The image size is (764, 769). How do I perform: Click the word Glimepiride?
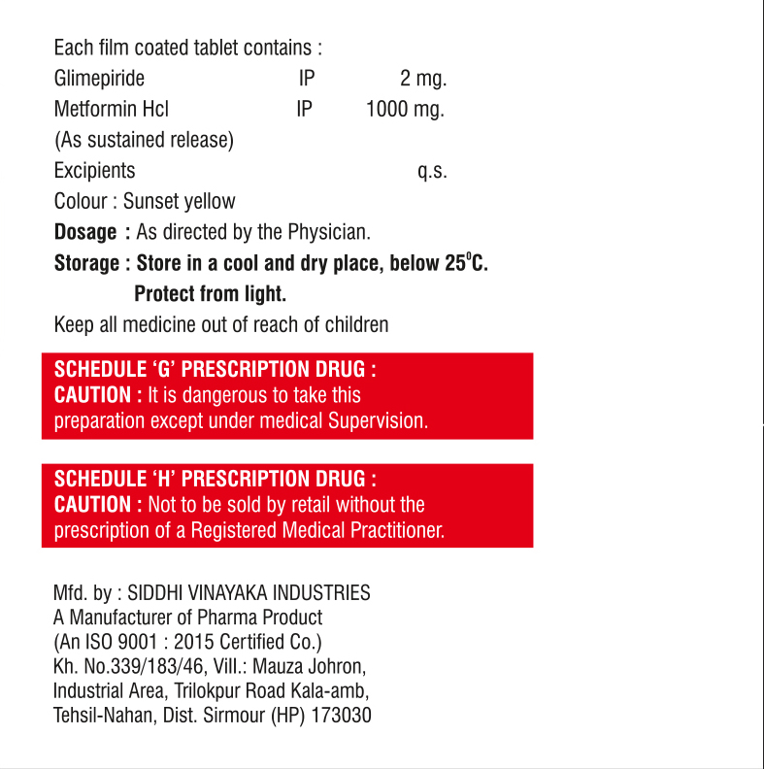pyautogui.click(x=99, y=79)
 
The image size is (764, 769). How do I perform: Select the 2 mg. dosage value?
pyautogui.click(x=423, y=79)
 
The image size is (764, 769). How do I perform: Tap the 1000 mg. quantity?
pyautogui.click(x=405, y=109)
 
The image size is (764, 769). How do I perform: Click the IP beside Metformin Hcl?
pyautogui.click(x=305, y=109)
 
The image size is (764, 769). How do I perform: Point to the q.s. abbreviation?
pyautogui.click(x=432, y=172)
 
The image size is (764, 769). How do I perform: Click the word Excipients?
pyautogui.click(x=94, y=170)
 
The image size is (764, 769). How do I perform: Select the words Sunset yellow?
pyautogui.click(x=179, y=202)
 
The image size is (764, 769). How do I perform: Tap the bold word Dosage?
pyautogui.click(x=85, y=233)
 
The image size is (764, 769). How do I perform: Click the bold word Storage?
pyautogui.click(x=86, y=263)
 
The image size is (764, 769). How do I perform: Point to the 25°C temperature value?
pyautogui.click(x=466, y=263)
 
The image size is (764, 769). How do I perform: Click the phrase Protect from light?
pyautogui.click(x=210, y=293)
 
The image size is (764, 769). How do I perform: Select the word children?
pyautogui.click(x=355, y=324)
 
